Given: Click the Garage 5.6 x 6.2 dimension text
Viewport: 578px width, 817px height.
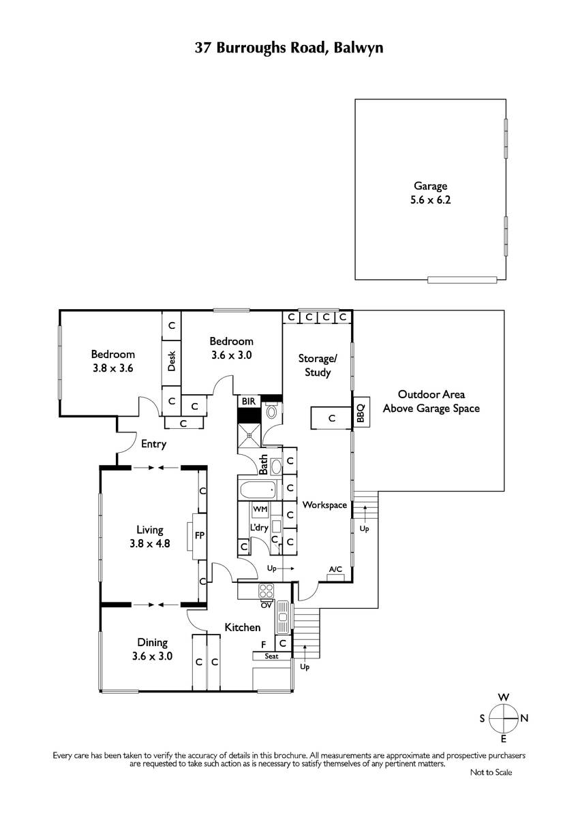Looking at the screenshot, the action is tap(431, 200).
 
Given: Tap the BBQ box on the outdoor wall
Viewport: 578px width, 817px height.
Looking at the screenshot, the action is tap(361, 412).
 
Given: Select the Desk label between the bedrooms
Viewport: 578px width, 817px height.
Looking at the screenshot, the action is tap(171, 361).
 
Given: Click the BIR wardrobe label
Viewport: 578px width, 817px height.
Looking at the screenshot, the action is tap(249, 402).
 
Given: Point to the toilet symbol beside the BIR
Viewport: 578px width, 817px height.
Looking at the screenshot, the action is tap(271, 412).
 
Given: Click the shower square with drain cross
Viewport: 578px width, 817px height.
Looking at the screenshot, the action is tap(249, 435).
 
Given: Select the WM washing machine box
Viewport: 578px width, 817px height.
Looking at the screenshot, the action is tap(260, 509).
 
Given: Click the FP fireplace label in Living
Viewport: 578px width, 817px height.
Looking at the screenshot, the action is tap(199, 535).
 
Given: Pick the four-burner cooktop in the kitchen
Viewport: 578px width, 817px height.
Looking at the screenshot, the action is tap(267, 590).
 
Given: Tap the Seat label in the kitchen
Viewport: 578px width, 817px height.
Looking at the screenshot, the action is tap(271, 656).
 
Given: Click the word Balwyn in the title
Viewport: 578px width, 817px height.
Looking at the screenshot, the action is tap(359, 48).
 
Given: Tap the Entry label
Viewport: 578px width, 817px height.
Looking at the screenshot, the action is tap(153, 444).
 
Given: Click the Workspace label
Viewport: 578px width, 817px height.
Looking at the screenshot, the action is tap(324, 505).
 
